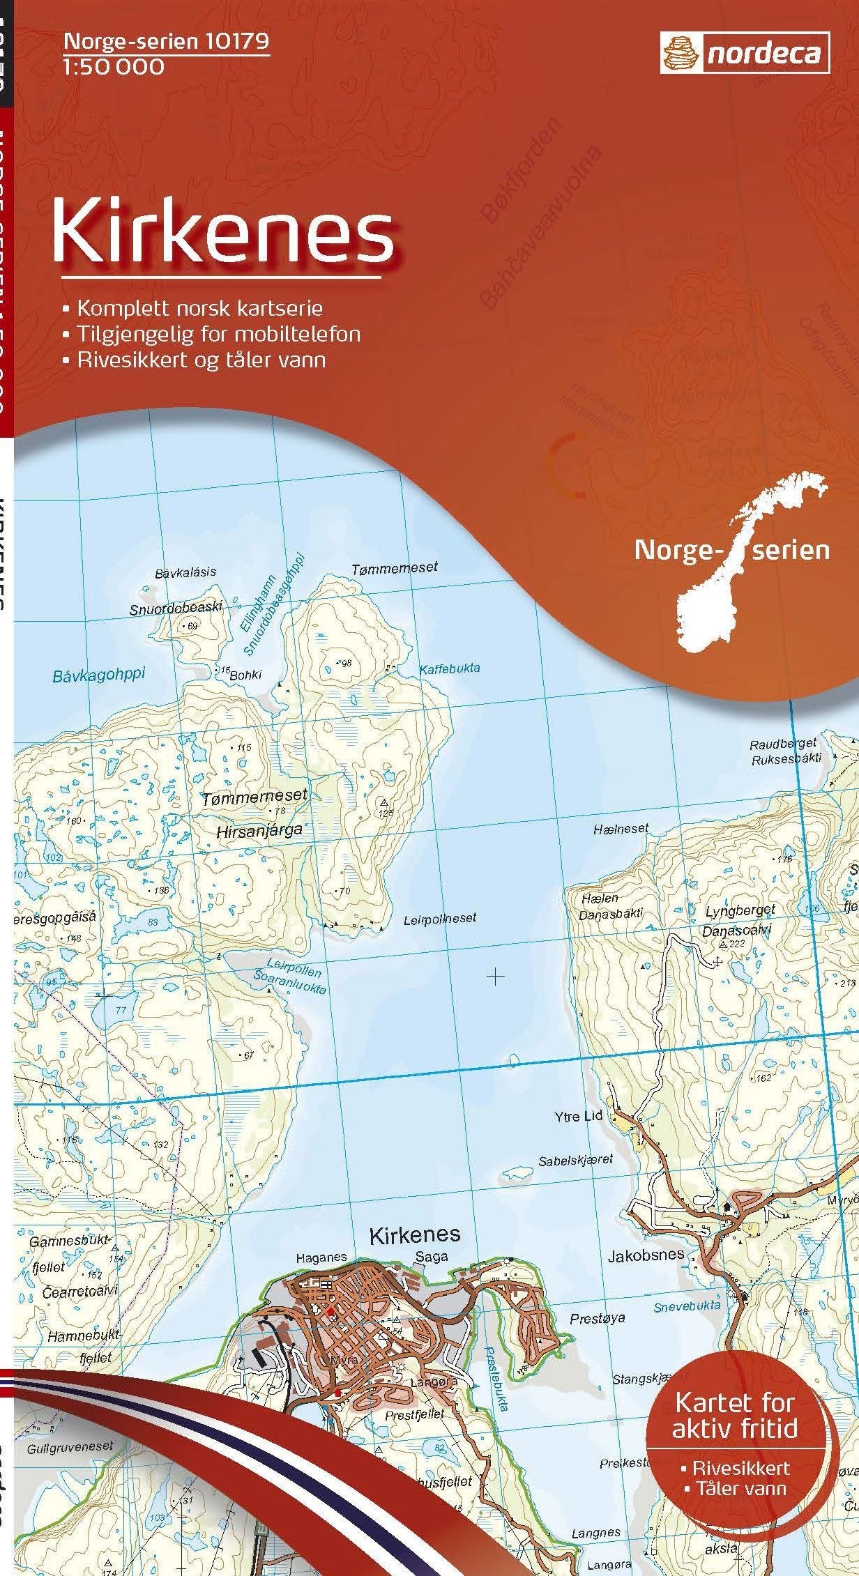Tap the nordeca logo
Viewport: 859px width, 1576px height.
pos(745,54)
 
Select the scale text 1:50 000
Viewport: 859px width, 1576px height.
pos(114,67)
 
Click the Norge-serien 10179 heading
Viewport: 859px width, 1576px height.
pos(166,42)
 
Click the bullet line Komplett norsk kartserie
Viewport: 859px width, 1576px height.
pos(193,307)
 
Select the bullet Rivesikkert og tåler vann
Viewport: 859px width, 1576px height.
pos(195,360)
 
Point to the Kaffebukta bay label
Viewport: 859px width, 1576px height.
pos(449,668)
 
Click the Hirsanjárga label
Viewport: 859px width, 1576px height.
pos(250,830)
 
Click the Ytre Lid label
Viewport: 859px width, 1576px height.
pos(578,1117)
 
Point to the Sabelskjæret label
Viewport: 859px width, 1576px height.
pos(575,1160)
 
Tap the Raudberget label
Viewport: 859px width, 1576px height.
pos(782,744)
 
